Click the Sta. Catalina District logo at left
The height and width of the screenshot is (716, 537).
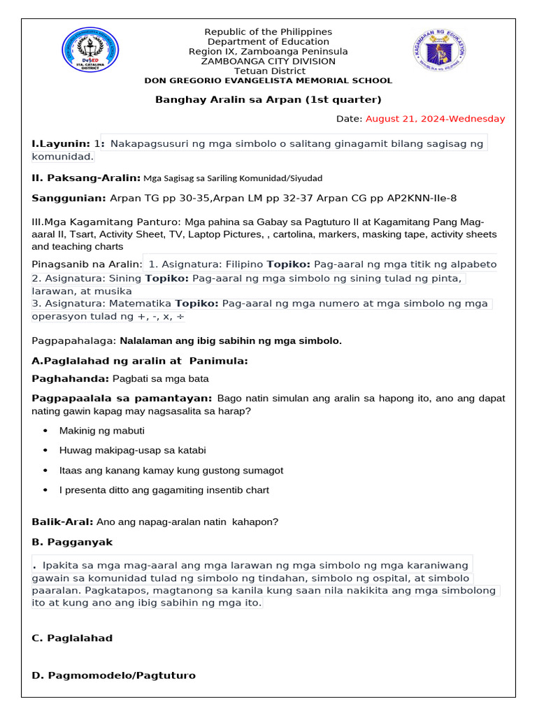[x=91, y=50]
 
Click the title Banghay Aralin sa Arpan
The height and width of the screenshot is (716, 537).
[x=268, y=99]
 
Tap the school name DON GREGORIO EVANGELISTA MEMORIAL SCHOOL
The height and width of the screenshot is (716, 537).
[x=268, y=80]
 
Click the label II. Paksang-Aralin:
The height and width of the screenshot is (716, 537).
[x=87, y=178]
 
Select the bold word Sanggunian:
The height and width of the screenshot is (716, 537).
[x=69, y=199]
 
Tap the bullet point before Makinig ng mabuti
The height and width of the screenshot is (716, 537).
[x=45, y=431]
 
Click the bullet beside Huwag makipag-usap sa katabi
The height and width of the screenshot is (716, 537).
[x=45, y=451]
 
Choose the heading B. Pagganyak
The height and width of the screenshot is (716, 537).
[x=72, y=543]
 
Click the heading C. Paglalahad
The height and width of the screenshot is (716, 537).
[x=72, y=638]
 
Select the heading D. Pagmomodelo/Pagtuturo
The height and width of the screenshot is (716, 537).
[x=114, y=675]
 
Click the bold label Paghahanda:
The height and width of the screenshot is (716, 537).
[x=71, y=379]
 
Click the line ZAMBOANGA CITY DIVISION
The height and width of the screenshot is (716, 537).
[x=268, y=62]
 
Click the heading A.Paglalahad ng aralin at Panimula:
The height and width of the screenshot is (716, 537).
[x=140, y=361]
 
